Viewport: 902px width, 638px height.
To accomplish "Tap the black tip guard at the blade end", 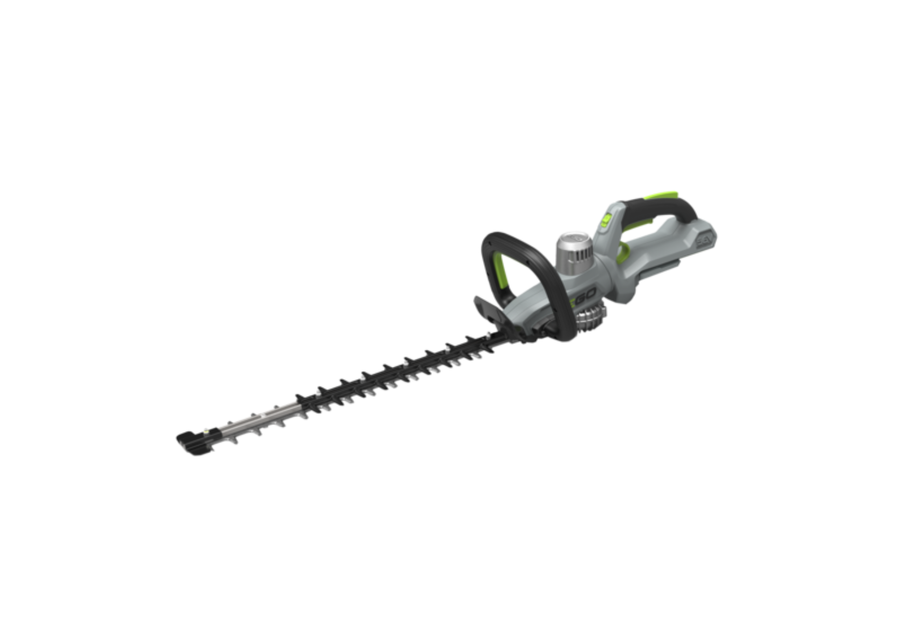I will click(190, 442).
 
